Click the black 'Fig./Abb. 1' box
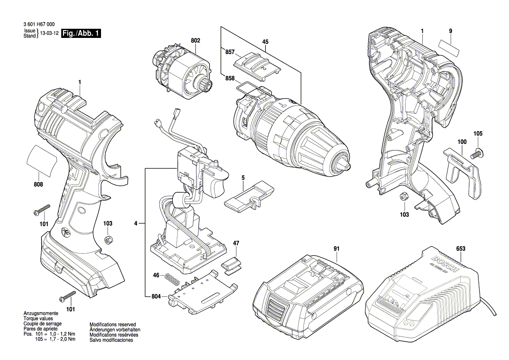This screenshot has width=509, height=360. point(81,34)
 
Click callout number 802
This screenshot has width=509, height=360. point(195,41)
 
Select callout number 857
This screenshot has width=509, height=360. point(229,51)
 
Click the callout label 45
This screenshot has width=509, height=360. point(265,42)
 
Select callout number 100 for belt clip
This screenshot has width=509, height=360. point(462,142)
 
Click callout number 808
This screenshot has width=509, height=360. point(38,184)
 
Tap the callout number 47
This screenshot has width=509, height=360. point(236,243)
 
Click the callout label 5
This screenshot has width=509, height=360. point(243,177)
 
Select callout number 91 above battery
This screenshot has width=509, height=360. point(336,248)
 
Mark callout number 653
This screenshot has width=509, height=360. point(461,248)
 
